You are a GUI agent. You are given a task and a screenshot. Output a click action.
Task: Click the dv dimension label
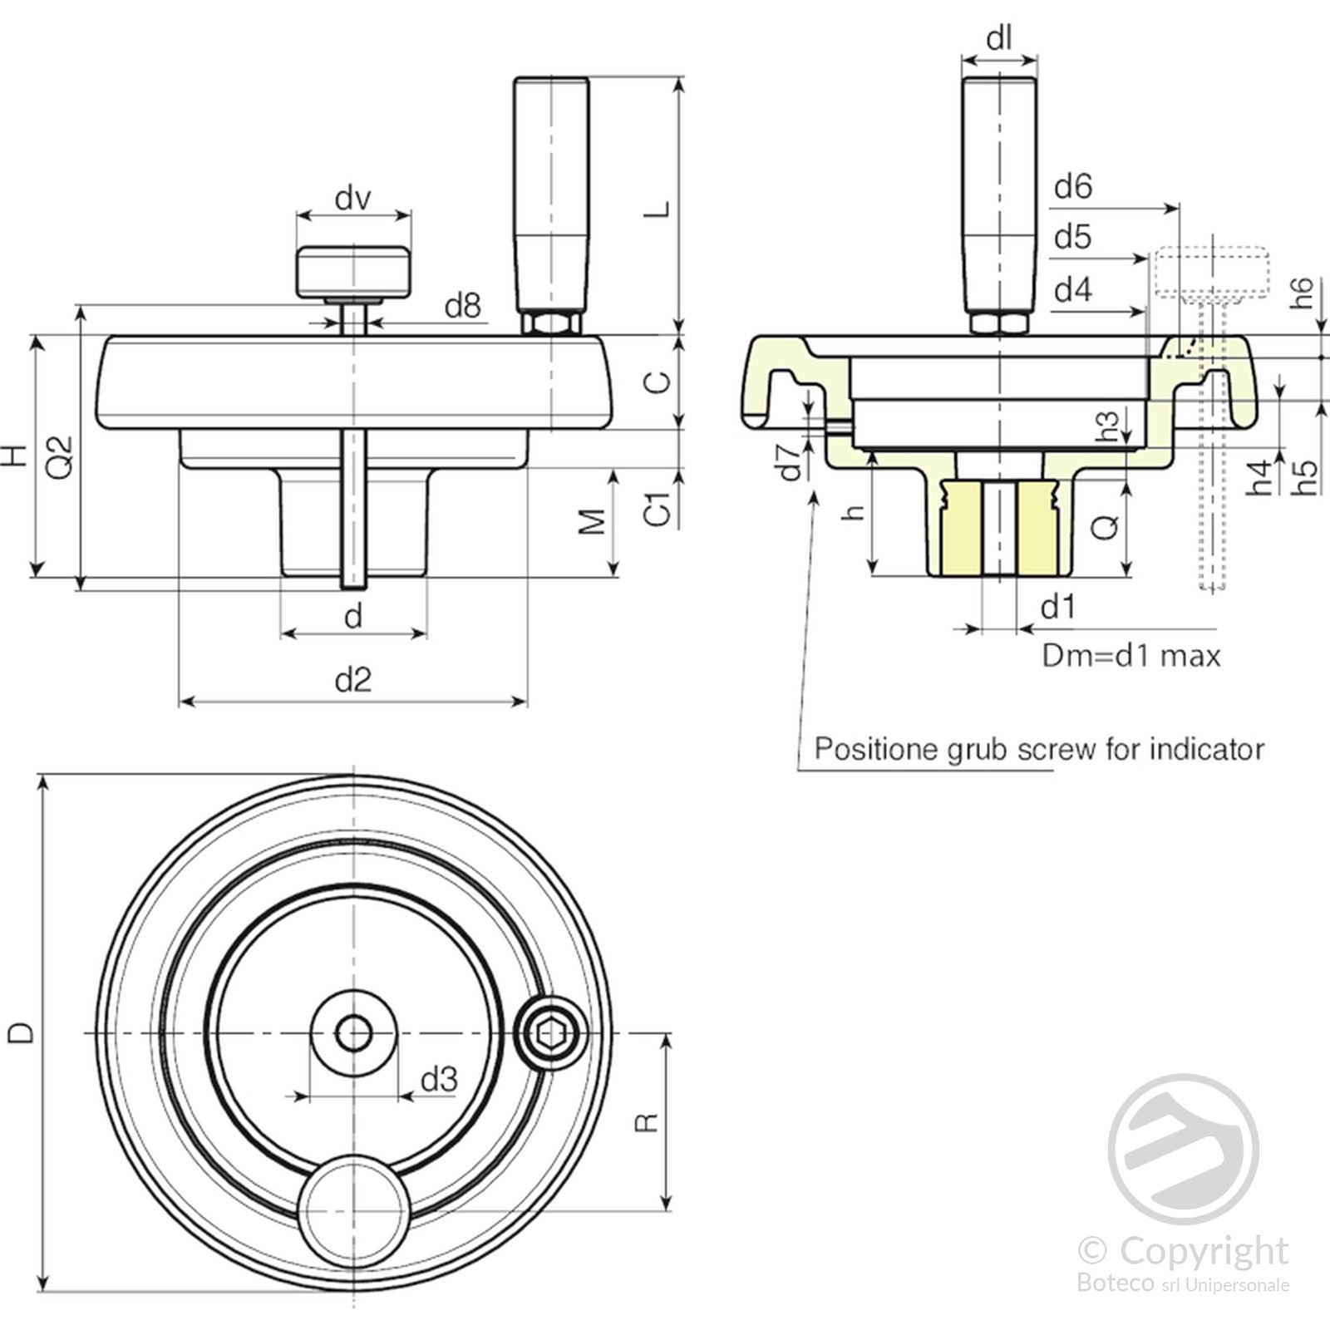[352, 199]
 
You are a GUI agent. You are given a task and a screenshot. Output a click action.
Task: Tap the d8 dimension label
[462, 307]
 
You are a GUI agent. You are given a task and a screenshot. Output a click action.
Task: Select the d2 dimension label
[352, 681]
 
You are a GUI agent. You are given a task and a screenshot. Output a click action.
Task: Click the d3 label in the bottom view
[438, 1080]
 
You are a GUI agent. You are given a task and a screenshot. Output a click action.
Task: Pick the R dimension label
[646, 1123]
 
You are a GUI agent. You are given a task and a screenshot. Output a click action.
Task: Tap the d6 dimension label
[1072, 187]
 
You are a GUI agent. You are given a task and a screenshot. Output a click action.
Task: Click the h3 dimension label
[1107, 426]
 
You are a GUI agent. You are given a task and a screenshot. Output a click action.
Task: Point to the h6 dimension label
[1302, 293]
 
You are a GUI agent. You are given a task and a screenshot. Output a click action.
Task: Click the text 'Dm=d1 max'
[1131, 657]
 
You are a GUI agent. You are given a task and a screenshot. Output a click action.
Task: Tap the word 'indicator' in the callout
[1206, 750]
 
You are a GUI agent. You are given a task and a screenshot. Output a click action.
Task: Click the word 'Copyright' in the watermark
[1203, 1251]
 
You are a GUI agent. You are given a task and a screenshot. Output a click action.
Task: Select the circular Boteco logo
[1183, 1149]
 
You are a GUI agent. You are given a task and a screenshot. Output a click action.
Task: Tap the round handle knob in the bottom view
[353, 1210]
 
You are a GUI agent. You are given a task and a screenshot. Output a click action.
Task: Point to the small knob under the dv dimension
[353, 272]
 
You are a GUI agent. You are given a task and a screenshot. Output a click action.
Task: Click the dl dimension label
[998, 39]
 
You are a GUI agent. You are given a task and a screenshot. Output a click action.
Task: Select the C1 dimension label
[657, 509]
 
